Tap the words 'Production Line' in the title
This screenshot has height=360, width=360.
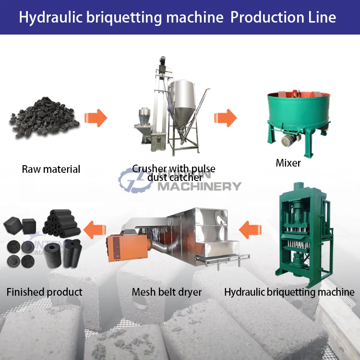(x=283, y=17)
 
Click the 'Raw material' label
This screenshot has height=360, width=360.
(x=51, y=169)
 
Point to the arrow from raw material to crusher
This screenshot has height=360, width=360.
(x=96, y=118)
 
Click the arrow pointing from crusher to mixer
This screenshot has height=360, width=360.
(x=225, y=118)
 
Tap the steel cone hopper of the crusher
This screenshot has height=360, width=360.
(x=185, y=103)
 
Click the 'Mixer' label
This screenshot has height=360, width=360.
(x=288, y=163)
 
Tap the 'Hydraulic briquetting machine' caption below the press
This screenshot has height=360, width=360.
(x=289, y=292)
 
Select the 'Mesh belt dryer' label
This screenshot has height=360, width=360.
(x=167, y=292)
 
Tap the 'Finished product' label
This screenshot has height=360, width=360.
(x=44, y=292)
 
